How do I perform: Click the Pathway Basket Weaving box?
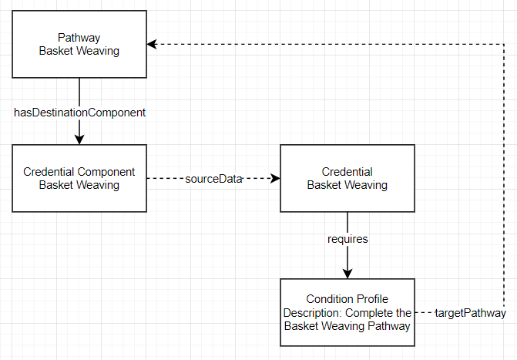(x=79, y=44)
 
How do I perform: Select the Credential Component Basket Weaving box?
(x=79, y=178)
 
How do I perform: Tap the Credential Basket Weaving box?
(x=347, y=178)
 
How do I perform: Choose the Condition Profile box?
(x=347, y=312)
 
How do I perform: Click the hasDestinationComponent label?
(x=80, y=112)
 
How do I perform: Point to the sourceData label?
(x=213, y=179)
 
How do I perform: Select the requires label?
(x=347, y=239)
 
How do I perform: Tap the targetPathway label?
(x=470, y=313)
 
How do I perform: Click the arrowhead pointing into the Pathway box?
(x=153, y=45)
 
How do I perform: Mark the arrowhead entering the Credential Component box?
(x=79, y=139)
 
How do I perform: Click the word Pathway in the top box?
(x=79, y=37)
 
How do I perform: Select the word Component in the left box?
(x=108, y=172)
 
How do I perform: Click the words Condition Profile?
(x=347, y=299)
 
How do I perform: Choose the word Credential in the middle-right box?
(x=347, y=172)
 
